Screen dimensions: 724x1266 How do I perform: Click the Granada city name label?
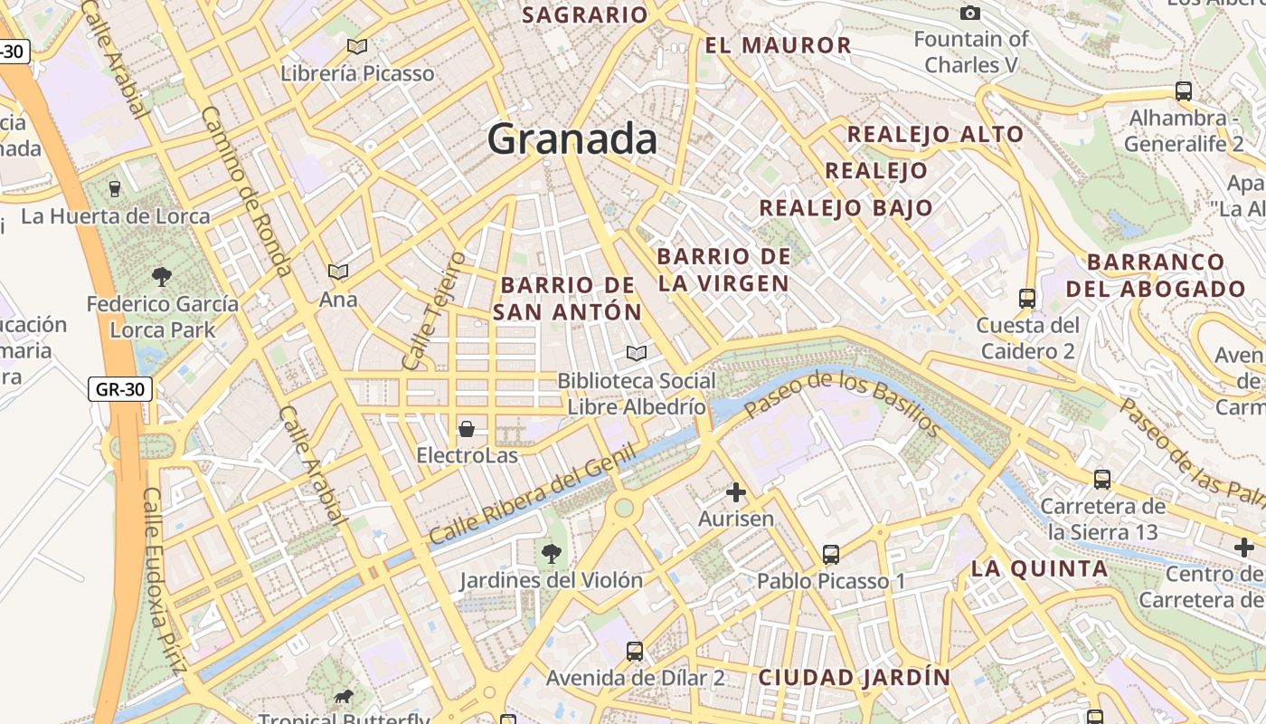click(x=572, y=139)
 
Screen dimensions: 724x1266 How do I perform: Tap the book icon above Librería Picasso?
click(x=357, y=46)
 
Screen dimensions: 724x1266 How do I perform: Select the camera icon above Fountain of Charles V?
click(x=970, y=13)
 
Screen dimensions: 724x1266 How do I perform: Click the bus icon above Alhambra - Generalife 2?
click(x=1183, y=90)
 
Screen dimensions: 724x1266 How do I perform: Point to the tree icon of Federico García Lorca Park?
click(x=162, y=276)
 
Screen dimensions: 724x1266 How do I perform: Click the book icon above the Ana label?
click(x=338, y=271)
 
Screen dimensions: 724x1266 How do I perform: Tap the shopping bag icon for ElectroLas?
click(x=467, y=429)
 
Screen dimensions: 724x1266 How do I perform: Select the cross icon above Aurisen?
click(x=736, y=492)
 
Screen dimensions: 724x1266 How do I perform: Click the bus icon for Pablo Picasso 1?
click(x=831, y=554)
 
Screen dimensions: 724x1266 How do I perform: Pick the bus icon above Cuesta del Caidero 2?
click(x=1027, y=298)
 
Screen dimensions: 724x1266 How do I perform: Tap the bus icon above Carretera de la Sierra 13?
click(x=1102, y=479)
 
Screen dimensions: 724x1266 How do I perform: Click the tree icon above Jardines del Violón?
click(x=550, y=553)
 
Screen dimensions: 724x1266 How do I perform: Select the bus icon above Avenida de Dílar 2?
click(x=635, y=651)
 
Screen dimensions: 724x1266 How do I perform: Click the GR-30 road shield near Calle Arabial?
click(x=120, y=390)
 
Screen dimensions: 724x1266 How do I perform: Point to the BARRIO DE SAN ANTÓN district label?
click(x=568, y=299)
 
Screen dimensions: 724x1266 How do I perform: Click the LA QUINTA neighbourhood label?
click(x=1039, y=569)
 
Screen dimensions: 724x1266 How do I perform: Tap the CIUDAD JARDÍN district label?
click(x=855, y=678)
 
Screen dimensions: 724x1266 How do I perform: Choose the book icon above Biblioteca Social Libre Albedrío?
click(x=637, y=353)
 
